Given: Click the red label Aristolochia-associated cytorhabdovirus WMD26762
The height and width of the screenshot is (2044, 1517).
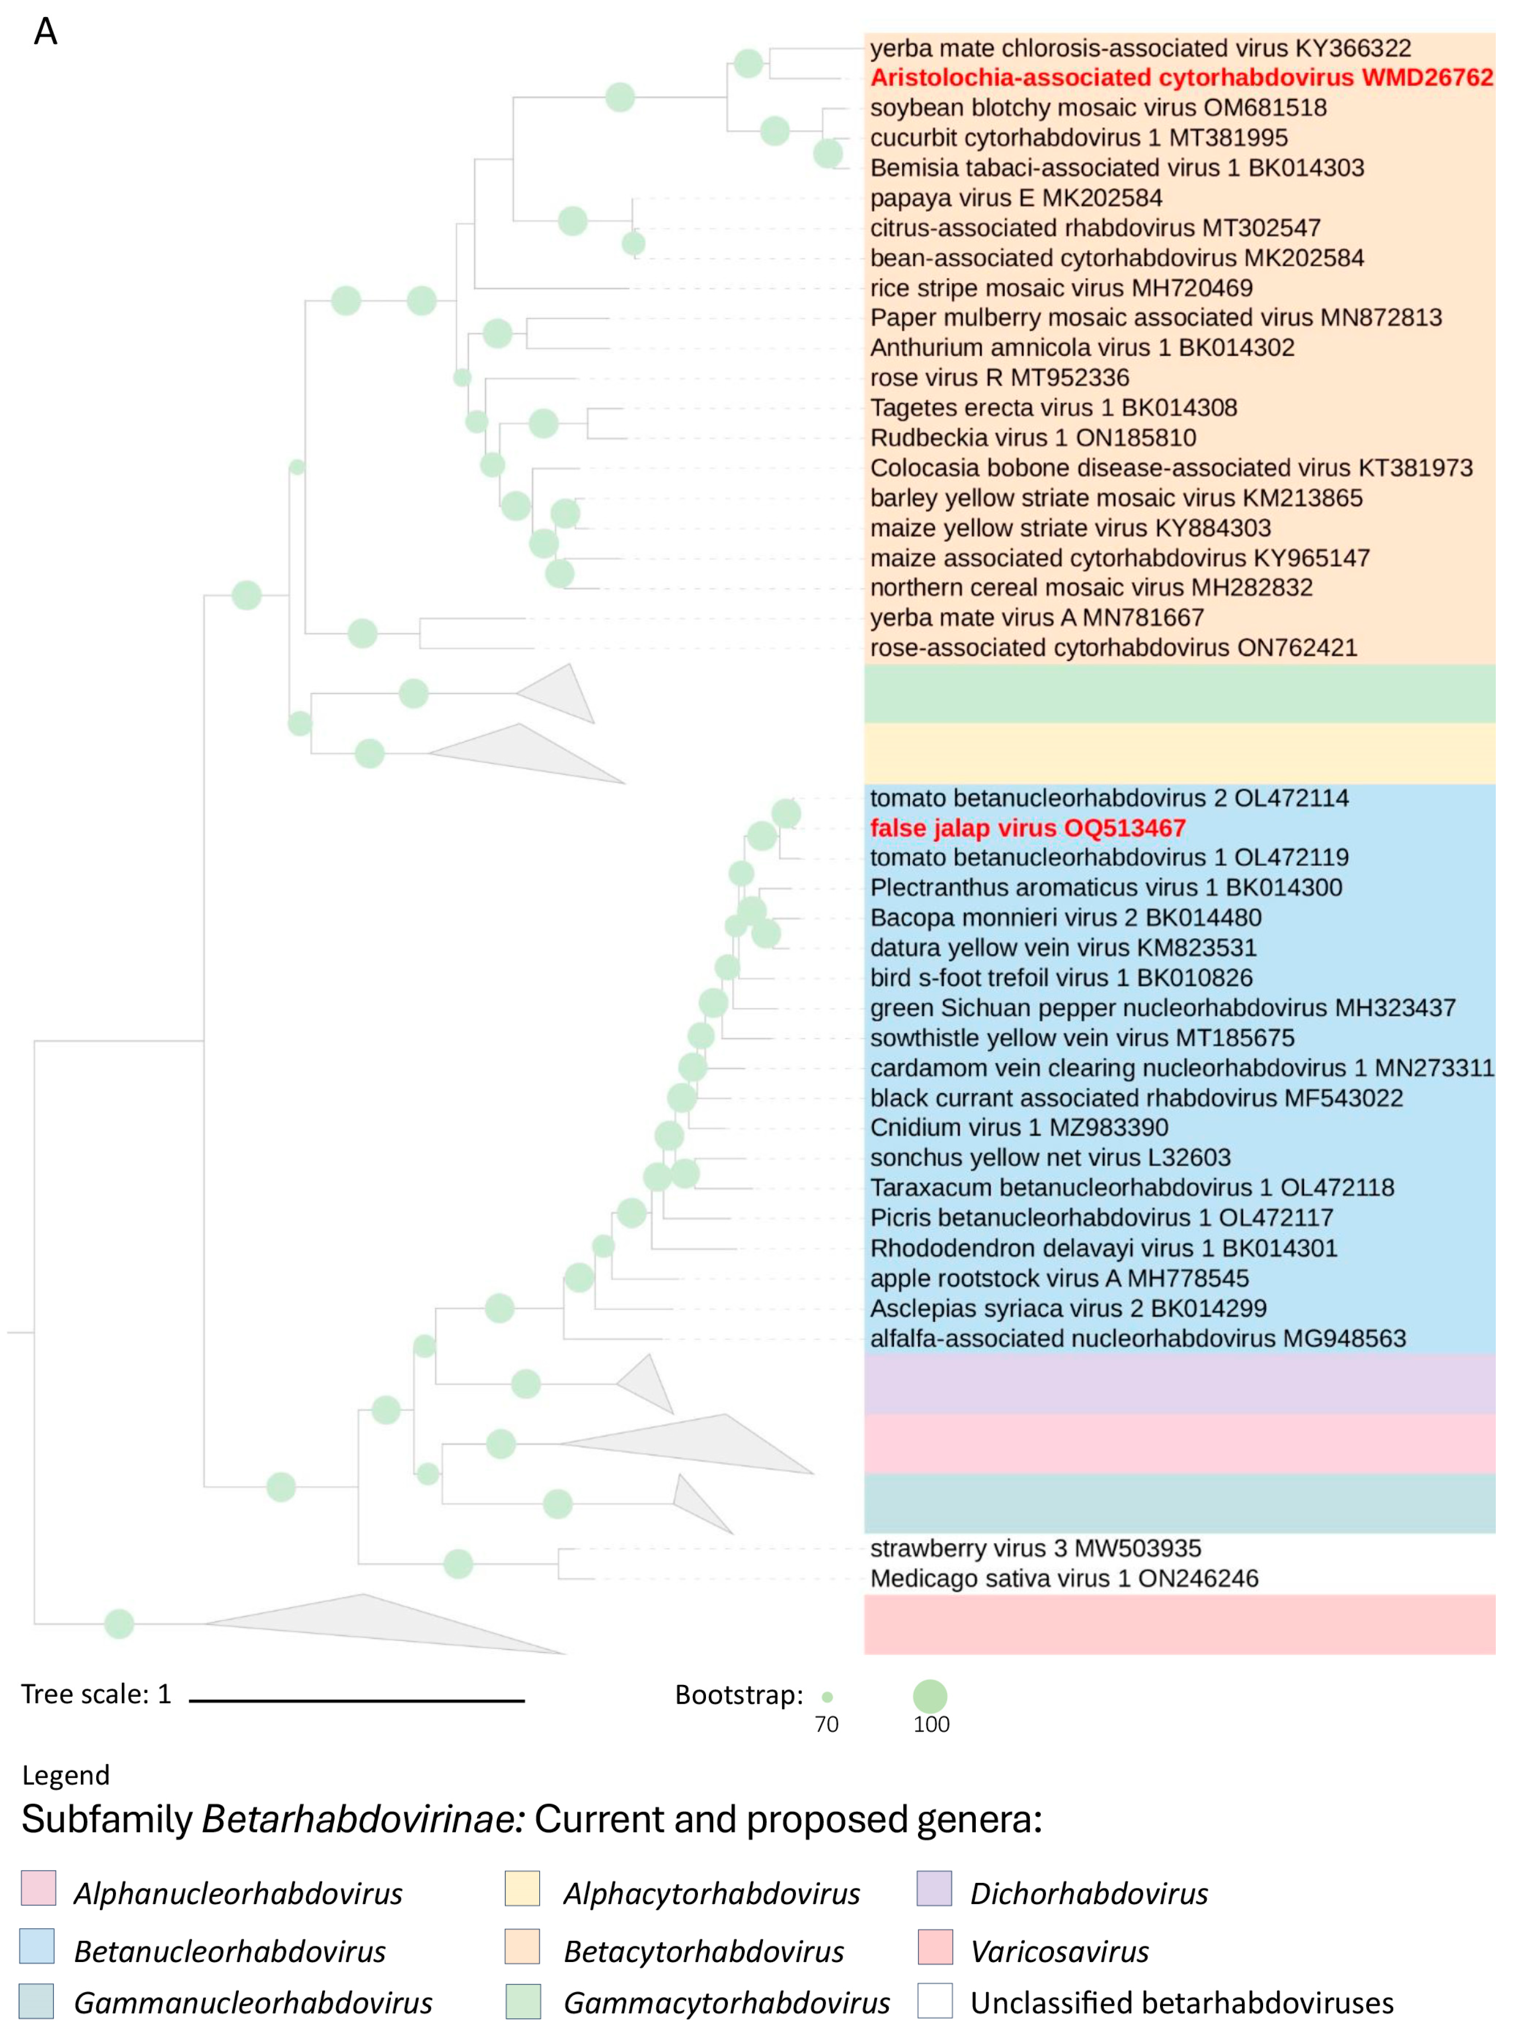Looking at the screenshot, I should [1181, 77].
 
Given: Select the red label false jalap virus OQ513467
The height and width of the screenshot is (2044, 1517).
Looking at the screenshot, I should [1028, 828].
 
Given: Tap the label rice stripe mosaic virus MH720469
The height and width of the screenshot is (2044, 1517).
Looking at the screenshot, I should [1061, 287].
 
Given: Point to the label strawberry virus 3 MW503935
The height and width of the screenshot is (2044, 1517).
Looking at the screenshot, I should [1035, 1548].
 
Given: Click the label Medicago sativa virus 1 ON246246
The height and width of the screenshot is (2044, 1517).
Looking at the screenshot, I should [1063, 1578].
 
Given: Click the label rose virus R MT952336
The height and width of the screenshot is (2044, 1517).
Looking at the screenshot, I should [999, 377].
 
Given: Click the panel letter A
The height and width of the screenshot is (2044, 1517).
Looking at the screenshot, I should [46, 32].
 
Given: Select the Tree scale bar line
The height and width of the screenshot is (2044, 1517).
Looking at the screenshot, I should [357, 1701].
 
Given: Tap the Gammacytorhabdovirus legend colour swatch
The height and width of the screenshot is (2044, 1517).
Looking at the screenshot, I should [522, 2001].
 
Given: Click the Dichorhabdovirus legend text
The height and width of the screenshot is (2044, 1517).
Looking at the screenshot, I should [1088, 1893].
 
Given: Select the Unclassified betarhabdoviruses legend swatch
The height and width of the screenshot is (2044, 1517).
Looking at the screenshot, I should [934, 2001].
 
